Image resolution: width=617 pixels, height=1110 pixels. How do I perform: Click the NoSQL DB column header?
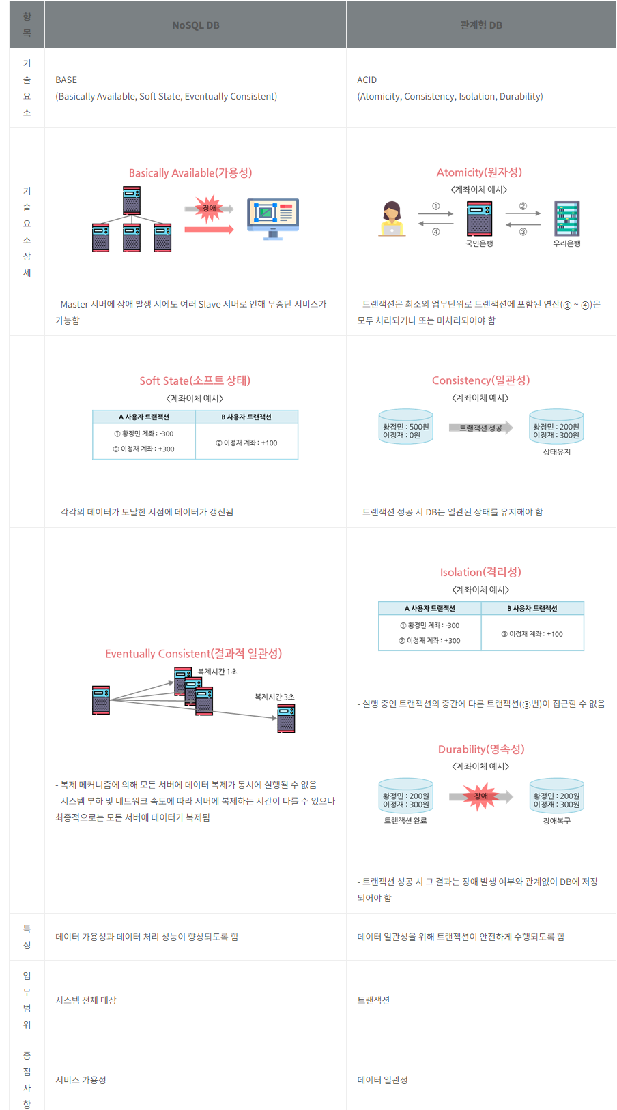[x=196, y=25]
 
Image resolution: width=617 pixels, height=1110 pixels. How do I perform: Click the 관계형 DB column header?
[x=481, y=25]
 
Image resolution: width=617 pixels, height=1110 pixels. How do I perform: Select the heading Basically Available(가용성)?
[x=190, y=173]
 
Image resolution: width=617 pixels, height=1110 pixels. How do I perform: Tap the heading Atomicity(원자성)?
[x=479, y=172]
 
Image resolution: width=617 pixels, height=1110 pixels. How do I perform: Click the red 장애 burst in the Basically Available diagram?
[x=209, y=209]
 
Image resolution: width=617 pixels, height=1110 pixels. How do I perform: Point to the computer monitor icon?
[x=273, y=217]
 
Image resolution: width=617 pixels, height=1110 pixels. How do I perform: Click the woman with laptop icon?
[x=392, y=219]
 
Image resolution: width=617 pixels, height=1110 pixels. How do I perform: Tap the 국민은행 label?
[x=479, y=243]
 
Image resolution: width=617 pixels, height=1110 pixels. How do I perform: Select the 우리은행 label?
[x=566, y=243]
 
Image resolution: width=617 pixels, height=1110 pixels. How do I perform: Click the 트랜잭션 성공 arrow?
[x=481, y=427]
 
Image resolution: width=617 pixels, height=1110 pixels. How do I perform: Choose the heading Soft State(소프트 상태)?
[x=195, y=380]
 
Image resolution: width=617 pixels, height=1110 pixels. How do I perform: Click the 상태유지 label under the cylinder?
[x=557, y=452]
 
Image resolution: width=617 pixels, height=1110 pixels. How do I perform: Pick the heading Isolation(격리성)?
[x=480, y=572]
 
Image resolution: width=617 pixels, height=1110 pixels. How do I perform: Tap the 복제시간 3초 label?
[x=274, y=697]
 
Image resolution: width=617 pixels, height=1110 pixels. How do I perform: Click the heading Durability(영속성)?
[x=481, y=749]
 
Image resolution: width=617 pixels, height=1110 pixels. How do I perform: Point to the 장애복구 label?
[x=557, y=821]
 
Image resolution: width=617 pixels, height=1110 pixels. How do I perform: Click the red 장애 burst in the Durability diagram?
[x=481, y=796]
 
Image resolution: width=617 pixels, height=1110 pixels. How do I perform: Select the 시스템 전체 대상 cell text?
[x=86, y=1000]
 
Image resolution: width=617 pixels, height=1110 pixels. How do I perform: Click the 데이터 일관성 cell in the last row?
[x=382, y=1080]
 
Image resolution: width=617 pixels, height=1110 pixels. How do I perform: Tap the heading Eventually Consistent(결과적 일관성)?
[x=193, y=654]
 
